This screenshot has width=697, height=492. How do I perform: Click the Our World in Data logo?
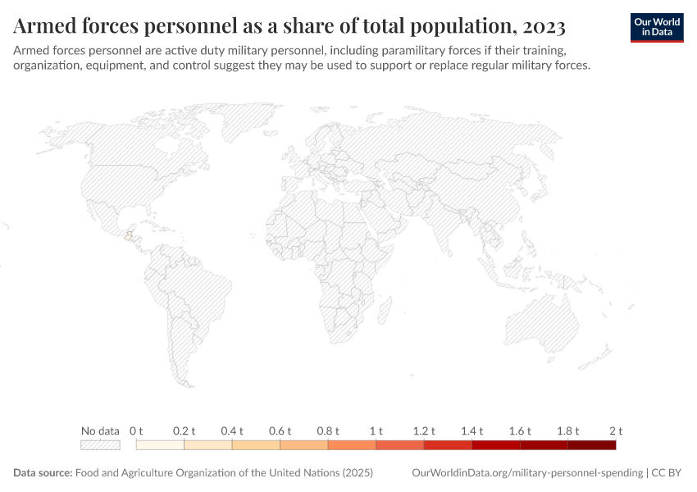(656, 27)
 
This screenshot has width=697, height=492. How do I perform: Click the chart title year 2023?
(541, 27)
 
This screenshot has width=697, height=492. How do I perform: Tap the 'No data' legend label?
(100, 430)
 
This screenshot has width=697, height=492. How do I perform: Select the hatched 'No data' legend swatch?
(100, 445)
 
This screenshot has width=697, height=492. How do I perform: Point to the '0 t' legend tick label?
(136, 430)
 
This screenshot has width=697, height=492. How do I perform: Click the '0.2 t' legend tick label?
(184, 430)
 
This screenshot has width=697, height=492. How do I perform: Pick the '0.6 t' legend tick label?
(280, 430)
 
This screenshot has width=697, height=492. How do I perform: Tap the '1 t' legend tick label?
(376, 430)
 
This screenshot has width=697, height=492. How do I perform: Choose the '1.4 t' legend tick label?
(472, 430)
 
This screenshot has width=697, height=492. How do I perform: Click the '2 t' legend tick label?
(616, 430)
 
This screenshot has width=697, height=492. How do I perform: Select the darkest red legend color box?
(591, 445)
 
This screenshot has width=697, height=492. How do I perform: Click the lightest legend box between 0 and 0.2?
(160, 445)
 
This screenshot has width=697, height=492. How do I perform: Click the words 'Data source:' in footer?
(43, 473)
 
